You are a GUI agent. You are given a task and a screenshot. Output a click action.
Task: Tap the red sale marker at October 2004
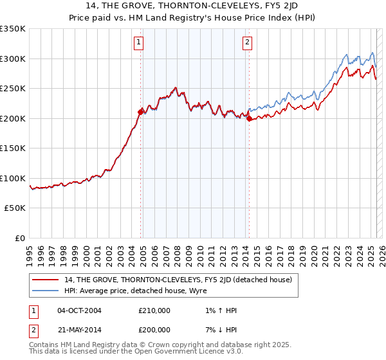click(140, 112)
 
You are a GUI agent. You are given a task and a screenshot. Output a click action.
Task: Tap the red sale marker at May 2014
click(249, 118)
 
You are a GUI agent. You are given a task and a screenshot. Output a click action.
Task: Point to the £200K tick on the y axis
click(13, 118)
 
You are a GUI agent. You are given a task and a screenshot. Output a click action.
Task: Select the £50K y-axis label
click(15, 208)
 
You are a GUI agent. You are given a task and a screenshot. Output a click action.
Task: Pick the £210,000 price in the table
click(154, 310)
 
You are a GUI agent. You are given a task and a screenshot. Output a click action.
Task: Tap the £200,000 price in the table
click(154, 329)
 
